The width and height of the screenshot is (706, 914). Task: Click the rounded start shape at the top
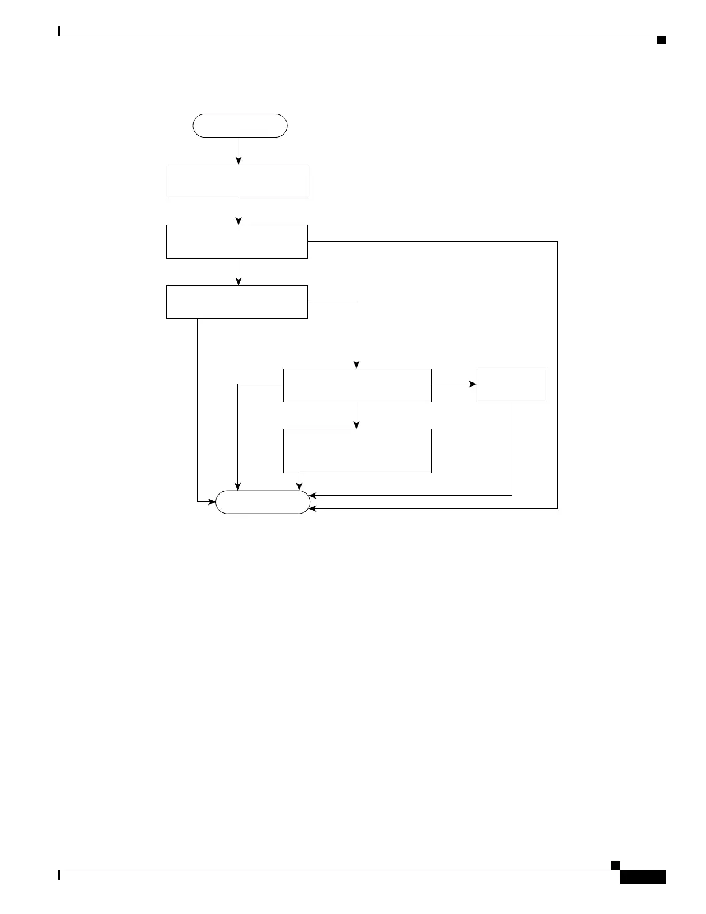coord(240,125)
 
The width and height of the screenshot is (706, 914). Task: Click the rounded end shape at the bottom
coord(263,502)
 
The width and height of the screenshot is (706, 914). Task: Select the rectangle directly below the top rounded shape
coord(238,181)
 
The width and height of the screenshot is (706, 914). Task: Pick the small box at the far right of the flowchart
coord(511,385)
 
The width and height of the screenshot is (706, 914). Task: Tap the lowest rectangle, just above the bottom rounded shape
coord(357,451)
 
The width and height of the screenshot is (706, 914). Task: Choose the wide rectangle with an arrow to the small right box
coord(357,385)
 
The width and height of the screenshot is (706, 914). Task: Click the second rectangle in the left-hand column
coord(237,241)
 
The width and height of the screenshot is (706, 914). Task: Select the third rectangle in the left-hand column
coord(237,302)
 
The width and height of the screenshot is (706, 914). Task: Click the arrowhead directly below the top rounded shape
coord(239,161)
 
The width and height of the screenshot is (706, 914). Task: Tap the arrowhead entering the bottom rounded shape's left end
coord(212,501)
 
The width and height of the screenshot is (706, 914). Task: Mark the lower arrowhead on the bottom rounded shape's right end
coord(313,508)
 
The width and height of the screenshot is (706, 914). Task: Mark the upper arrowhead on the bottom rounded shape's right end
coord(313,495)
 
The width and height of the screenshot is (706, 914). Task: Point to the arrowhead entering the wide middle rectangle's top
coord(356,365)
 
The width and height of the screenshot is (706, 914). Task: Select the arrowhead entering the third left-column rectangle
coord(239,281)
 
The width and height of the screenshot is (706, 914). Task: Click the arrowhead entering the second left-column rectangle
coord(239,221)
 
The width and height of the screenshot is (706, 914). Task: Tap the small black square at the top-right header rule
coord(661,40)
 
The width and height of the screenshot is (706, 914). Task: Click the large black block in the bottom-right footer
coord(642,876)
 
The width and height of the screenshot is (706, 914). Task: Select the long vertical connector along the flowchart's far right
coord(558,376)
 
